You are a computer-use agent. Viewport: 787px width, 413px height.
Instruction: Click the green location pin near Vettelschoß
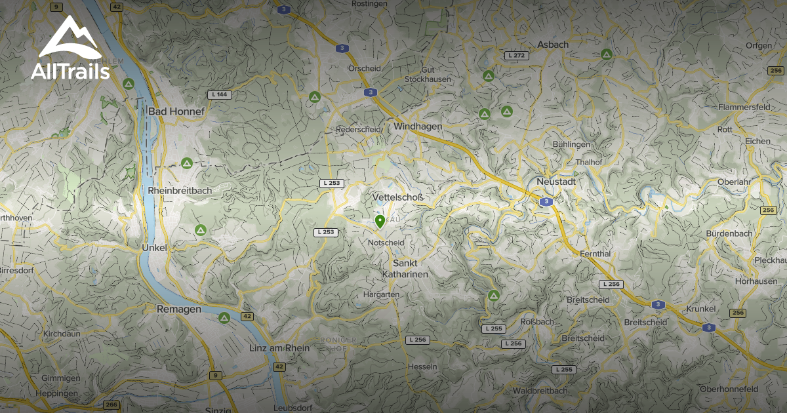click(x=380, y=222)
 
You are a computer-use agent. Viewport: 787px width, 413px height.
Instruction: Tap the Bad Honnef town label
click(x=176, y=111)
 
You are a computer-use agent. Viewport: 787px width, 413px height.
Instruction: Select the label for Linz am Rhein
click(x=279, y=348)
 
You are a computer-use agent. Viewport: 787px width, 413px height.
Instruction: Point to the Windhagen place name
click(x=418, y=126)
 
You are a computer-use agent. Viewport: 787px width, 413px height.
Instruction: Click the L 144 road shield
click(x=220, y=95)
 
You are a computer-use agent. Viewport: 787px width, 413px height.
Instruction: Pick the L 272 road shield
click(x=517, y=56)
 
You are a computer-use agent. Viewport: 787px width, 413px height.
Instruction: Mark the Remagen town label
click(x=178, y=309)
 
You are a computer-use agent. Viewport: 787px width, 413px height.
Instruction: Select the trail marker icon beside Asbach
click(x=607, y=53)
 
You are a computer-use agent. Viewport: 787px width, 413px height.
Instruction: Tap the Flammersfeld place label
click(x=744, y=107)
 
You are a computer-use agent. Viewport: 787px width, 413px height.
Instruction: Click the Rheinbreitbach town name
click(x=179, y=190)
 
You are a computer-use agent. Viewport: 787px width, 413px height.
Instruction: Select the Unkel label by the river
click(x=155, y=248)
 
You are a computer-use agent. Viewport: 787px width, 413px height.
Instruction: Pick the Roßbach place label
click(x=536, y=322)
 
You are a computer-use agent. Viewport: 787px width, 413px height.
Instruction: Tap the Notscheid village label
click(x=386, y=243)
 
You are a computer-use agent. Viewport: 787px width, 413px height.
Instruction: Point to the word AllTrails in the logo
click(x=70, y=71)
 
